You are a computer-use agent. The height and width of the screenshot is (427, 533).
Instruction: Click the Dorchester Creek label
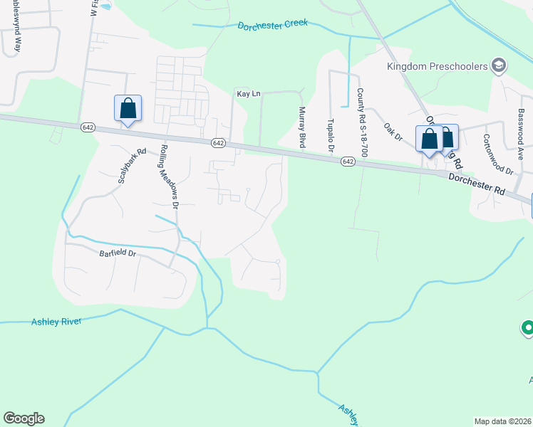pyautogui.click(x=272, y=23)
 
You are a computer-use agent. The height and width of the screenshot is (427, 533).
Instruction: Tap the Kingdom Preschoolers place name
pyautogui.click(x=436, y=66)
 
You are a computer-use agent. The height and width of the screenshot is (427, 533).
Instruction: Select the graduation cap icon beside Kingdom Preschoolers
pyautogui.click(x=499, y=66)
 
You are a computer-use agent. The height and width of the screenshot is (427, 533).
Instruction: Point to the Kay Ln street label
pyautogui.click(x=246, y=93)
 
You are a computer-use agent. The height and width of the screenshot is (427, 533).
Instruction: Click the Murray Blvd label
pyautogui.click(x=301, y=127)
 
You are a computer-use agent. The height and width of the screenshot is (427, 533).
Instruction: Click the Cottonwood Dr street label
pyautogui.click(x=497, y=154)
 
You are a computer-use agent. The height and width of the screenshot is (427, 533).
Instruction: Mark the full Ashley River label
pyautogui.click(x=56, y=322)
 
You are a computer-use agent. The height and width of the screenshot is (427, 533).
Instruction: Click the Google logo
pyautogui.click(x=24, y=418)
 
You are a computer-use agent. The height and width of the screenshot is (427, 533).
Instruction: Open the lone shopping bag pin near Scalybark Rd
pyautogui.click(x=128, y=109)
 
